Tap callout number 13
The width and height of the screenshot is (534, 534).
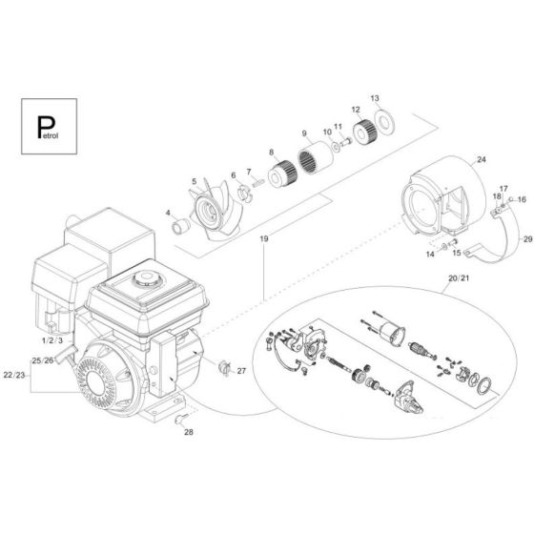(x=375, y=98)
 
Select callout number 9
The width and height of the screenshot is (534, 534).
(x=304, y=133)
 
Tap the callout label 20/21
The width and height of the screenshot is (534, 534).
(x=459, y=277)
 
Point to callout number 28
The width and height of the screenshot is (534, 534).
(x=188, y=432)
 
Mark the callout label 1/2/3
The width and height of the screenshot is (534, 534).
(x=52, y=339)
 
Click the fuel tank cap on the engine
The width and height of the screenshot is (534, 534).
(x=146, y=283)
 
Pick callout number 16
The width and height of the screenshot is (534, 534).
(x=522, y=199)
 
